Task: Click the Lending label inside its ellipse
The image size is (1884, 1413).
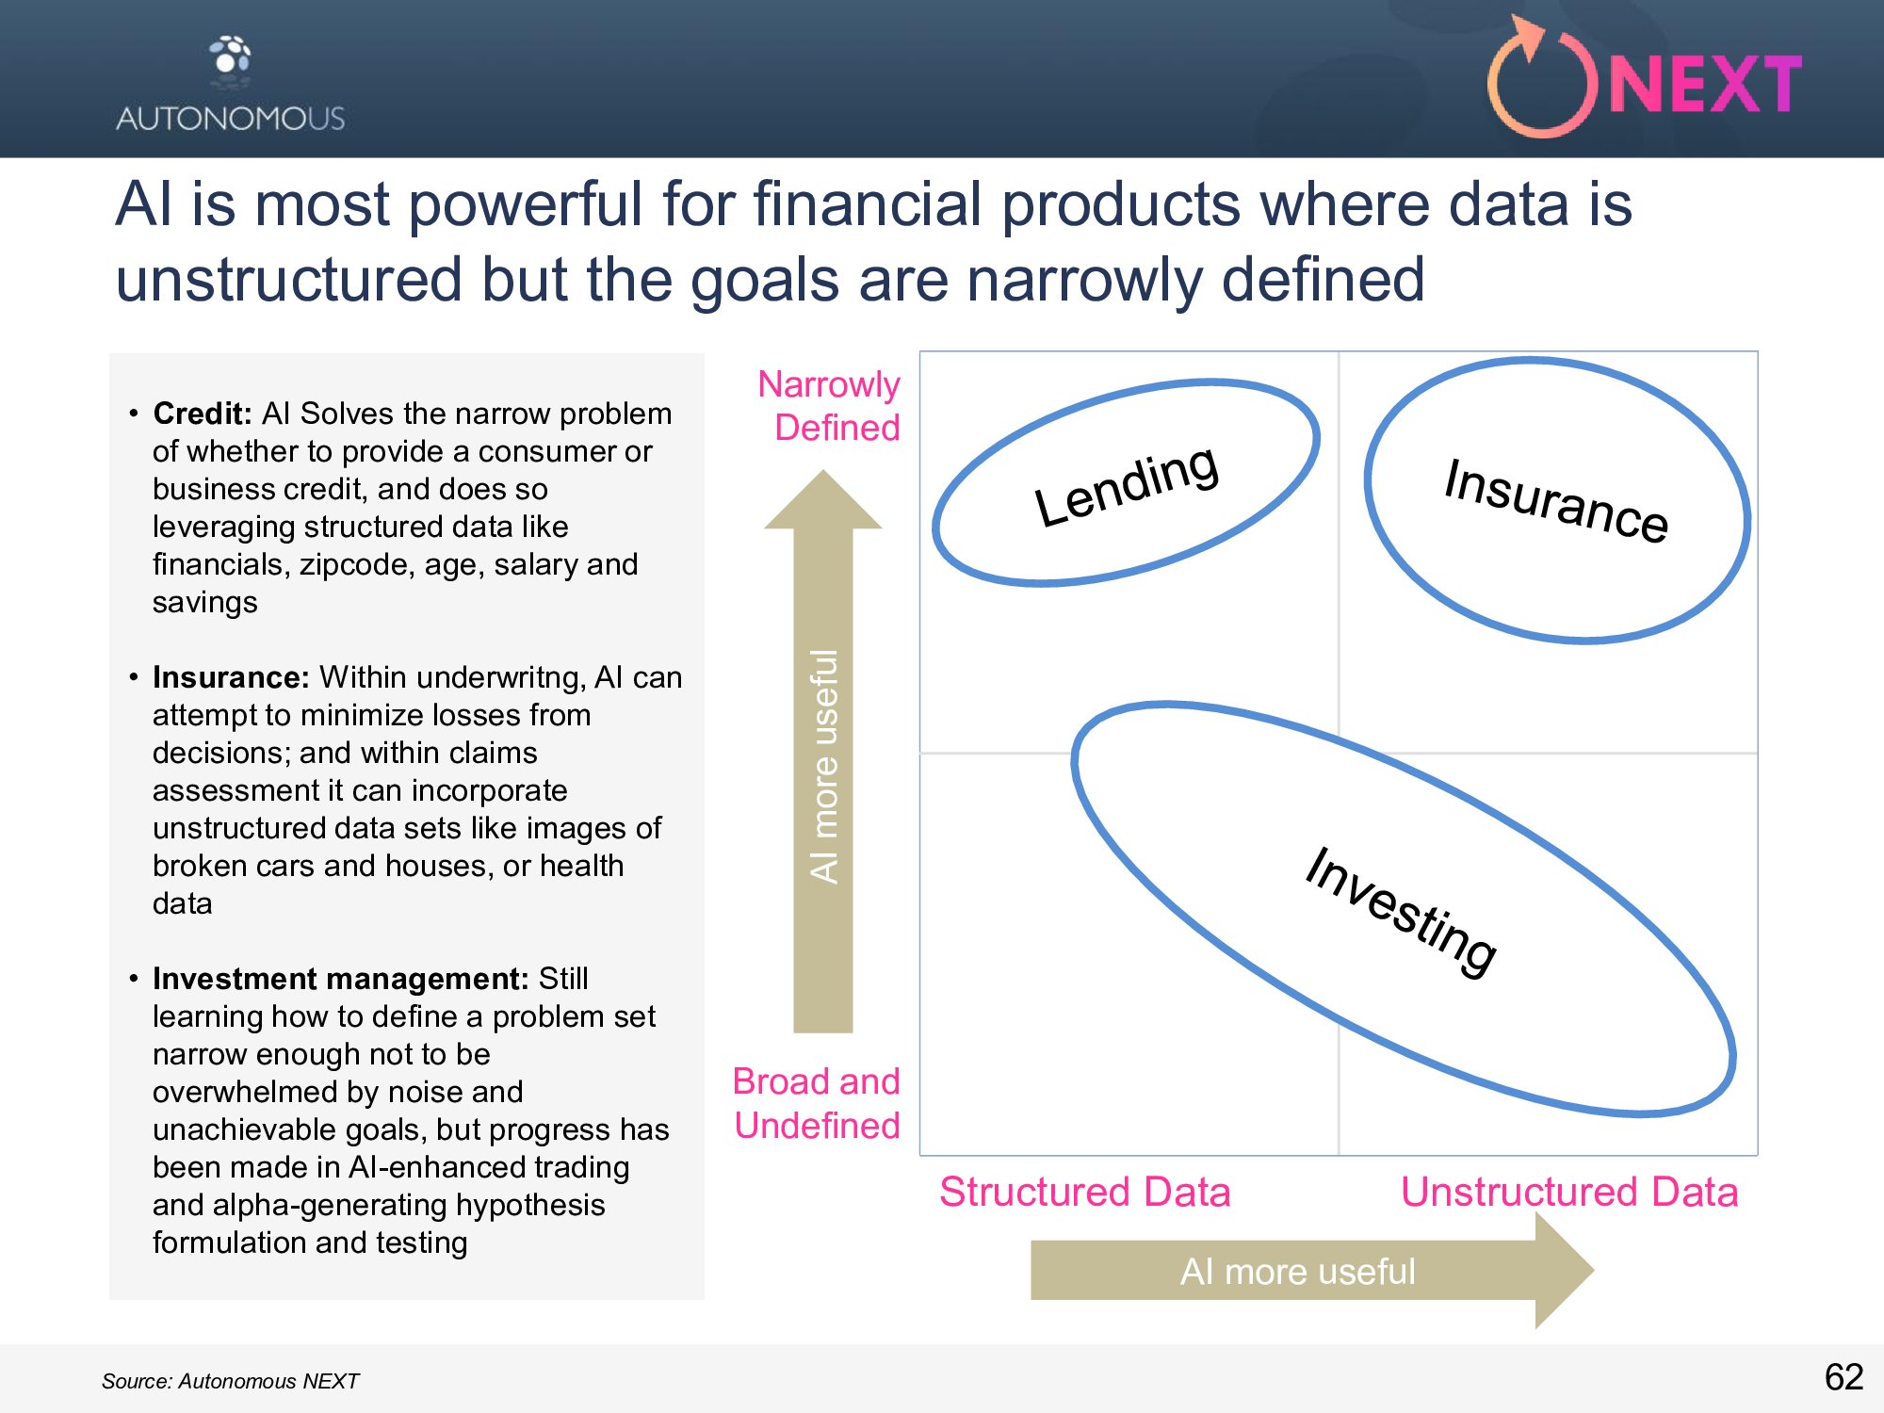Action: pyautogui.click(x=1127, y=485)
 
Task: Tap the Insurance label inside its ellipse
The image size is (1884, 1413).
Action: pyautogui.click(x=1556, y=499)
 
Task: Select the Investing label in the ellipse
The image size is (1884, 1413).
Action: pyautogui.click(x=1401, y=911)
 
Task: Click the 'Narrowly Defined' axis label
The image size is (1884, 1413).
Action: pyautogui.click(x=829, y=405)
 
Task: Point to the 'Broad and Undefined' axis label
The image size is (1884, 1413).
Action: pyautogui.click(x=817, y=1103)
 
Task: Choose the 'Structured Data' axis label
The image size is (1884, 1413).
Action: pyautogui.click(x=1085, y=1192)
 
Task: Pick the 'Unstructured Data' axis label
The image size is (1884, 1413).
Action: pyautogui.click(x=1569, y=1192)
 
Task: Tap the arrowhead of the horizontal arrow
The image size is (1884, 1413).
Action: pyautogui.click(x=1565, y=1270)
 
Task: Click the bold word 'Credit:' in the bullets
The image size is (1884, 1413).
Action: pyautogui.click(x=203, y=414)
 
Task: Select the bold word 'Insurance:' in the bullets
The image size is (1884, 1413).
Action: pyautogui.click(x=232, y=677)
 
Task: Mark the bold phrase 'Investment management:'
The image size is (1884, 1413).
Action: pyautogui.click(x=341, y=979)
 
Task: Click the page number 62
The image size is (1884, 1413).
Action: pyautogui.click(x=1844, y=1377)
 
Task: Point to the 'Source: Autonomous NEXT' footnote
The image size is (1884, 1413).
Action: pyautogui.click(x=231, y=1381)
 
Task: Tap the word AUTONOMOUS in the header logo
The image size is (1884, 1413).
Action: pyautogui.click(x=231, y=119)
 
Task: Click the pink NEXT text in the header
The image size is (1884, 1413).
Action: pyautogui.click(x=1706, y=84)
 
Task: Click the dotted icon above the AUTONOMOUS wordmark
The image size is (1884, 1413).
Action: pyautogui.click(x=231, y=56)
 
